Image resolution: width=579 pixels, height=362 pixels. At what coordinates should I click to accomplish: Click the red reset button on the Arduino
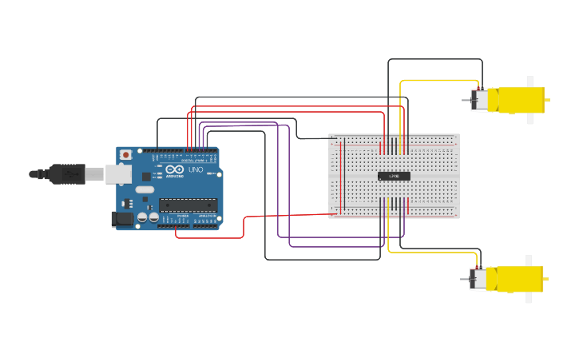click(x=125, y=155)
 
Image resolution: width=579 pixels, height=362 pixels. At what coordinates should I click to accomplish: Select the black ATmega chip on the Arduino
click(x=188, y=205)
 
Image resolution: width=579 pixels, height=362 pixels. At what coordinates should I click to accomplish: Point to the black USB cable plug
click(x=67, y=173)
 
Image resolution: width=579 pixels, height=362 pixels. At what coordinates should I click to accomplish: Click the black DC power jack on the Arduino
click(x=122, y=217)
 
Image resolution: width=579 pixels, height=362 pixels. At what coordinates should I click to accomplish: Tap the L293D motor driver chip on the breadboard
click(x=394, y=176)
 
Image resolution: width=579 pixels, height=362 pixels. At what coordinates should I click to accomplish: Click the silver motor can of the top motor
click(x=480, y=100)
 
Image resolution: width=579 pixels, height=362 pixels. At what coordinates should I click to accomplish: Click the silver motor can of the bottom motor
click(x=479, y=278)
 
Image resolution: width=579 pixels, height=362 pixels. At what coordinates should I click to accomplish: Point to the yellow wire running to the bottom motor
click(x=431, y=253)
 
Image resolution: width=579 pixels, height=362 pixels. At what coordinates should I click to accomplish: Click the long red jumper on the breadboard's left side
click(x=342, y=176)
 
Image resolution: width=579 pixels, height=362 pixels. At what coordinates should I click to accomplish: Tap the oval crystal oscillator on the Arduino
click(x=145, y=189)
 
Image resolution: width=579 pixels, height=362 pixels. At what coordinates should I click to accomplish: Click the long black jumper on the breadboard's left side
click(x=335, y=176)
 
